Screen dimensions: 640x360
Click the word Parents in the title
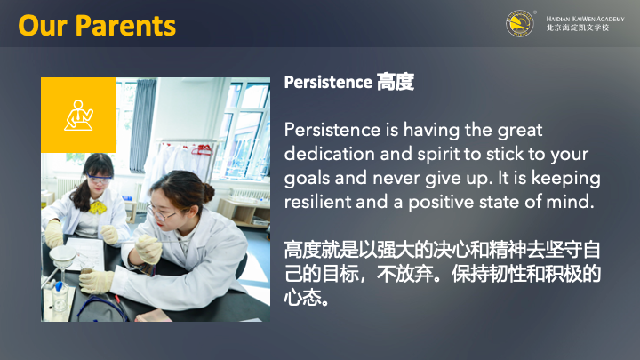point(125,26)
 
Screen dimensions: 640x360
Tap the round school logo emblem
point(520,24)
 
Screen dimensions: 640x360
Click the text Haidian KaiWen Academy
point(585,19)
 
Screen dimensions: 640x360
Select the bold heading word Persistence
point(328,82)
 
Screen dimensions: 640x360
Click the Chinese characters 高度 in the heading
point(395,82)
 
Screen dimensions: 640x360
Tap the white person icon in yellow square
point(78,115)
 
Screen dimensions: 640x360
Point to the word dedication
point(329,154)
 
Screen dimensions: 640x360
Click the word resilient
point(317,202)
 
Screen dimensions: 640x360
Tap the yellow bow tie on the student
point(98,208)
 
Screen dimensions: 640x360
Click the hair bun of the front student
point(209,193)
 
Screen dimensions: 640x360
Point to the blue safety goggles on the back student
point(100,178)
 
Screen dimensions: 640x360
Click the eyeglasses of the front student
point(161,214)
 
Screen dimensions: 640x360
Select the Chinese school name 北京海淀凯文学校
point(578,28)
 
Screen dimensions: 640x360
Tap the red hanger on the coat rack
point(202,150)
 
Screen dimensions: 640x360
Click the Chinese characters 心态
point(302,298)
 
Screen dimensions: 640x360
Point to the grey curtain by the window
point(142,125)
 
